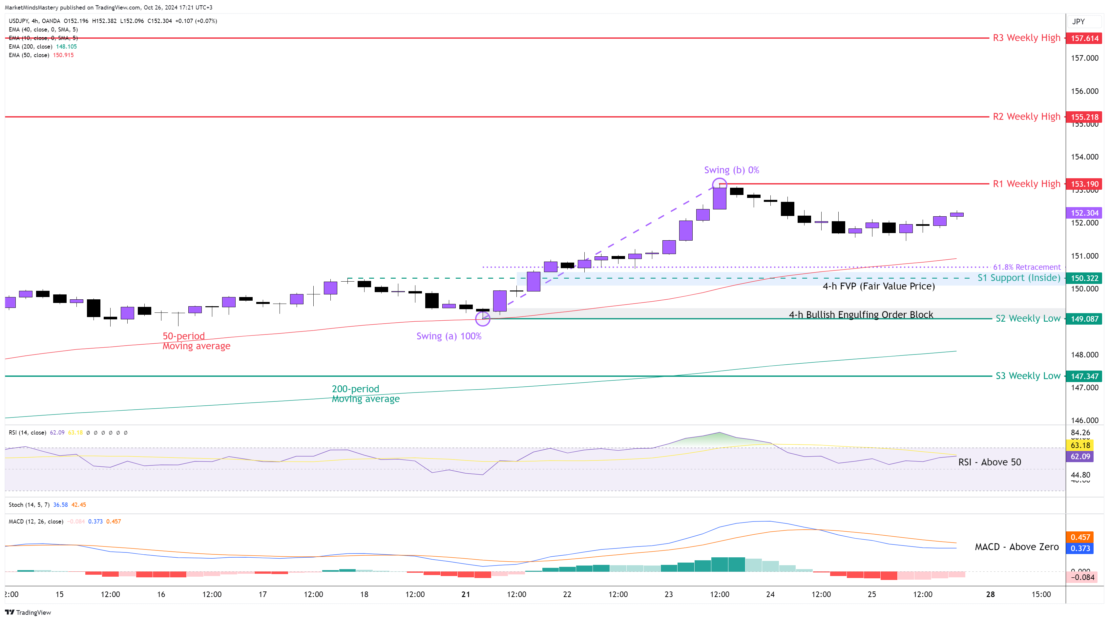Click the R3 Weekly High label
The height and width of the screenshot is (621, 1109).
click(1026, 38)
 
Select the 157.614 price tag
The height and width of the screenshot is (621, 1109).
click(1084, 38)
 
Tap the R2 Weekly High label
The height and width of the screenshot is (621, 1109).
click(1026, 117)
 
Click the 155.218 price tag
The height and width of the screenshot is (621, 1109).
click(1084, 117)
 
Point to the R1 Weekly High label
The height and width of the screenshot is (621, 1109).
click(1026, 184)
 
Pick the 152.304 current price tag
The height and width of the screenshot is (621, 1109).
click(1084, 213)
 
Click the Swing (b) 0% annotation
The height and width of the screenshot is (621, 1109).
click(731, 170)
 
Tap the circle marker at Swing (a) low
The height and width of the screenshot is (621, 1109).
click(483, 319)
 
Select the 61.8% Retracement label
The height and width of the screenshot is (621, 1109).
click(1026, 267)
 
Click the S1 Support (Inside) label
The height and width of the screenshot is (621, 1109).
click(1018, 278)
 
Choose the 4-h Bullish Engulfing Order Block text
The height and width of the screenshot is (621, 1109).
click(861, 315)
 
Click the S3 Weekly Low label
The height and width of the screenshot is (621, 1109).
click(1028, 376)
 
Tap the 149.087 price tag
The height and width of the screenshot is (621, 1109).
click(1084, 319)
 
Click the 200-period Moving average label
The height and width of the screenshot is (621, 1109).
click(365, 394)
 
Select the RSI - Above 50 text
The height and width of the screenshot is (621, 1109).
click(989, 462)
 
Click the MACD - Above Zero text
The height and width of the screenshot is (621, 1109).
click(1016, 547)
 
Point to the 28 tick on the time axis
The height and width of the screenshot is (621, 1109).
click(990, 594)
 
